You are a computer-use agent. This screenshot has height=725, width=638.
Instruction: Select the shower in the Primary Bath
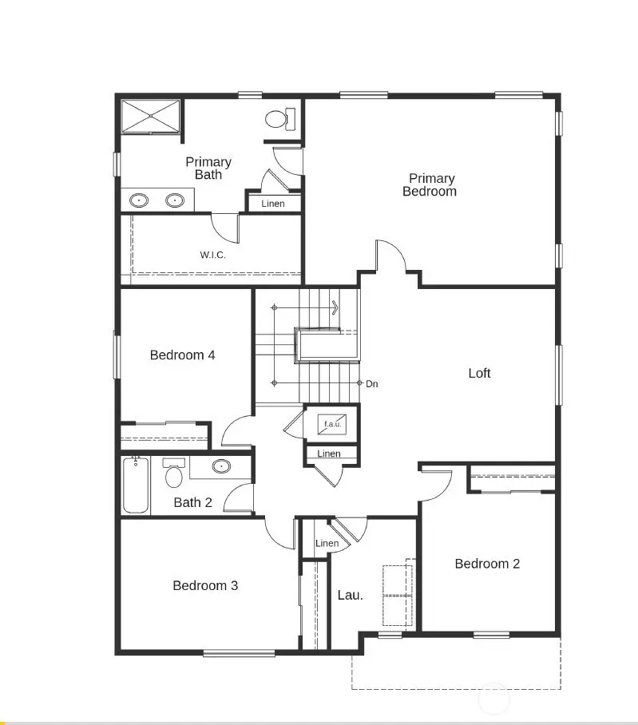[151, 117]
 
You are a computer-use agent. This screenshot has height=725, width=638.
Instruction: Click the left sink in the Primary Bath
[140, 200]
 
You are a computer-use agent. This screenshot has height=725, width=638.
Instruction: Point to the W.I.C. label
[213, 256]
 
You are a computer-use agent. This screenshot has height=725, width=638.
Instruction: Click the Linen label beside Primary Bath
[273, 204]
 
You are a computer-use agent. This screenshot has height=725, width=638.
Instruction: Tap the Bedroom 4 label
[182, 355]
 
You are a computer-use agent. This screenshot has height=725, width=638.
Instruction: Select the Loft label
[479, 373]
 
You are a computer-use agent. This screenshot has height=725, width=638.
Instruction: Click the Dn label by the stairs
[371, 384]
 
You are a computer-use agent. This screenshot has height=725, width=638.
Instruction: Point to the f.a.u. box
[331, 424]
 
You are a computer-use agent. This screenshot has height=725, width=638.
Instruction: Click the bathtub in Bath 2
[135, 485]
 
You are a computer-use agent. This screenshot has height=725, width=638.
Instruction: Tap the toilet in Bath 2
[173, 474]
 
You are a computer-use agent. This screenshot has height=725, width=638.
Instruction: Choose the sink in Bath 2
[220, 466]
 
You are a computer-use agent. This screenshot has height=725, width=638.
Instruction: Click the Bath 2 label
[192, 502]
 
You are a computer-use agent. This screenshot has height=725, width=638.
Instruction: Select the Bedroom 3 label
[205, 585]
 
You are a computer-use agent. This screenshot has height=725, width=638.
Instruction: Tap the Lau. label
[350, 595]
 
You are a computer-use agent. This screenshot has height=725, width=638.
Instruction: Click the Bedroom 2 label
[487, 564]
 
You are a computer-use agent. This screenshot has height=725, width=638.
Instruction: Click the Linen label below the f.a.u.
[329, 454]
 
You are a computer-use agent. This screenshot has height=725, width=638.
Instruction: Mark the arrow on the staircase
[334, 307]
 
